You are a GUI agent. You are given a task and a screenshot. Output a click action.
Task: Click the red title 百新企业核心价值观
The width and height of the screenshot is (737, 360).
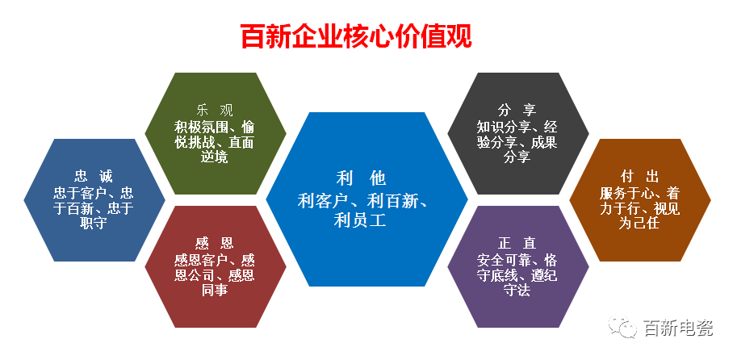click(x=356, y=36)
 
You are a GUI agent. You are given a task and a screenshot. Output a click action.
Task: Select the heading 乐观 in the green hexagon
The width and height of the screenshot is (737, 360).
click(x=215, y=111)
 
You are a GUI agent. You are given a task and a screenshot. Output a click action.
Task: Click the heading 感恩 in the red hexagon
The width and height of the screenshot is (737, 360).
click(x=215, y=244)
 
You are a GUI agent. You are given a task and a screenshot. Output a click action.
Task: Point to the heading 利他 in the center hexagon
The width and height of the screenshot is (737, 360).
click(x=361, y=178)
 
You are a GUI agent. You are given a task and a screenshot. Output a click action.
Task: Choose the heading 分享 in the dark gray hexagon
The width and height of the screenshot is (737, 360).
click(x=517, y=111)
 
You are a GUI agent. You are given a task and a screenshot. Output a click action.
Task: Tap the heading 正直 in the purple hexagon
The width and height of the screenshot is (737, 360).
click(x=517, y=244)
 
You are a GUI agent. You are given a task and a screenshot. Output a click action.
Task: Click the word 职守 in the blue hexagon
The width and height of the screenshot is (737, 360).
click(x=94, y=223)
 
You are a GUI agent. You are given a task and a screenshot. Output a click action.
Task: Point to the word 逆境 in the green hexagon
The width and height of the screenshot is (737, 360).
click(x=215, y=157)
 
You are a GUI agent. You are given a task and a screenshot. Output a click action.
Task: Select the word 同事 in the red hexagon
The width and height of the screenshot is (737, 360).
click(x=215, y=290)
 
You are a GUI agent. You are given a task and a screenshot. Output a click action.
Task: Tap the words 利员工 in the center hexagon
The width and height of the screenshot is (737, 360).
click(x=360, y=220)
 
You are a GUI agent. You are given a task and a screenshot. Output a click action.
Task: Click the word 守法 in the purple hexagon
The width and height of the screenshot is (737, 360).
click(x=517, y=290)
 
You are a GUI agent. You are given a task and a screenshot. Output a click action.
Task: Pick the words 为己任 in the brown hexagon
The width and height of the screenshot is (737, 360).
click(x=639, y=223)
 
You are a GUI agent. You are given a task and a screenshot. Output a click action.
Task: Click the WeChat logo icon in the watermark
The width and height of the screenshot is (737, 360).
click(x=622, y=326)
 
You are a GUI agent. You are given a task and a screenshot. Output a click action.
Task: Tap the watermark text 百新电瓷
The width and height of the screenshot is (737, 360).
click(x=677, y=328)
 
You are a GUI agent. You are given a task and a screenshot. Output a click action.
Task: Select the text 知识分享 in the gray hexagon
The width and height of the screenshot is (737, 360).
click(x=504, y=127)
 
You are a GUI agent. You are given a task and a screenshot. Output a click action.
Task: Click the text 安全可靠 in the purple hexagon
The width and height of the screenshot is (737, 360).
click(x=504, y=259)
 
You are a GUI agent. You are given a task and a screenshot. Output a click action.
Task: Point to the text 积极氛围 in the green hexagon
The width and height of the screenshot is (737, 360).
click(x=201, y=127)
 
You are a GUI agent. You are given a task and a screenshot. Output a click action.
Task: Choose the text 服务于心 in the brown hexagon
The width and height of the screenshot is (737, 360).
click(x=626, y=192)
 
